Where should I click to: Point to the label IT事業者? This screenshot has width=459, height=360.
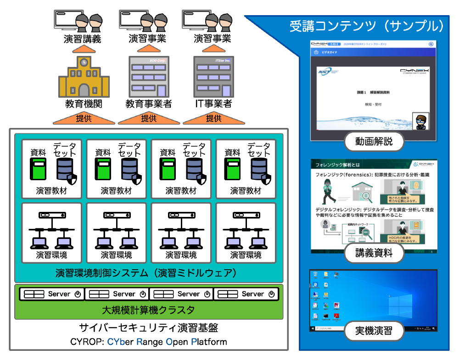(213, 104)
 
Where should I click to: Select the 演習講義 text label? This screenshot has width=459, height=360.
(82, 39)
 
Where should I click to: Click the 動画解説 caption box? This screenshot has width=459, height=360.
(374, 141)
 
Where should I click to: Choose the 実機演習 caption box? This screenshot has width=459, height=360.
(374, 330)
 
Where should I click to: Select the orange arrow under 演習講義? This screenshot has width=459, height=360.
(83, 49)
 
